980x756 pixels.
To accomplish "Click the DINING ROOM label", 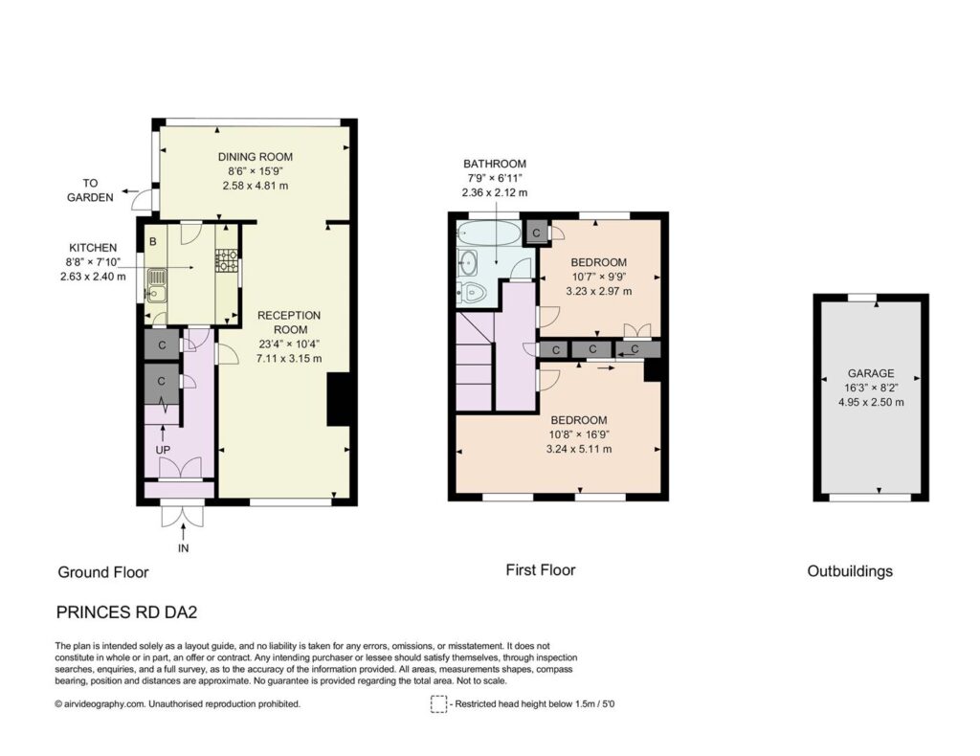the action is [x=255, y=157].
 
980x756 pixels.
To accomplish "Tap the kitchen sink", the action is [x=157, y=285].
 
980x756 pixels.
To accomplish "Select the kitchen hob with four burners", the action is [x=227, y=261].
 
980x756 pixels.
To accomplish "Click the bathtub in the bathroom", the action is [x=488, y=233].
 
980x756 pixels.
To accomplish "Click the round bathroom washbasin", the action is [x=467, y=262].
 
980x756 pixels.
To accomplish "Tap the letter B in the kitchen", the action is [x=153, y=241].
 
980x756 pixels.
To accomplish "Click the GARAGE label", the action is [x=871, y=373].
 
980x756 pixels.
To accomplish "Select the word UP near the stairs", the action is [x=163, y=450].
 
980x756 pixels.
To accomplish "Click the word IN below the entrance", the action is [x=183, y=548].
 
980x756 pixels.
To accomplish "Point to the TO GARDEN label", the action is [x=91, y=189].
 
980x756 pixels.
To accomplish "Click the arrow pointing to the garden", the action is [x=130, y=190].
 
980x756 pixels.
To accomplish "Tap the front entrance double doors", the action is [x=183, y=516].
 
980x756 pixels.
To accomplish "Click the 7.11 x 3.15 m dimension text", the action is [x=289, y=359].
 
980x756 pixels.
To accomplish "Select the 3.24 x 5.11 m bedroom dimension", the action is [x=579, y=449].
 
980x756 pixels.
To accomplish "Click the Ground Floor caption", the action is [x=103, y=572].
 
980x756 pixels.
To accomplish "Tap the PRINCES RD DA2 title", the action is [x=127, y=612].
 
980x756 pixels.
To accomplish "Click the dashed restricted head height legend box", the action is [x=438, y=704].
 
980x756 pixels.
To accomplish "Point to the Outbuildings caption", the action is [x=850, y=571].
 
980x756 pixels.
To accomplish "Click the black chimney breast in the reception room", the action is [x=338, y=400].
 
